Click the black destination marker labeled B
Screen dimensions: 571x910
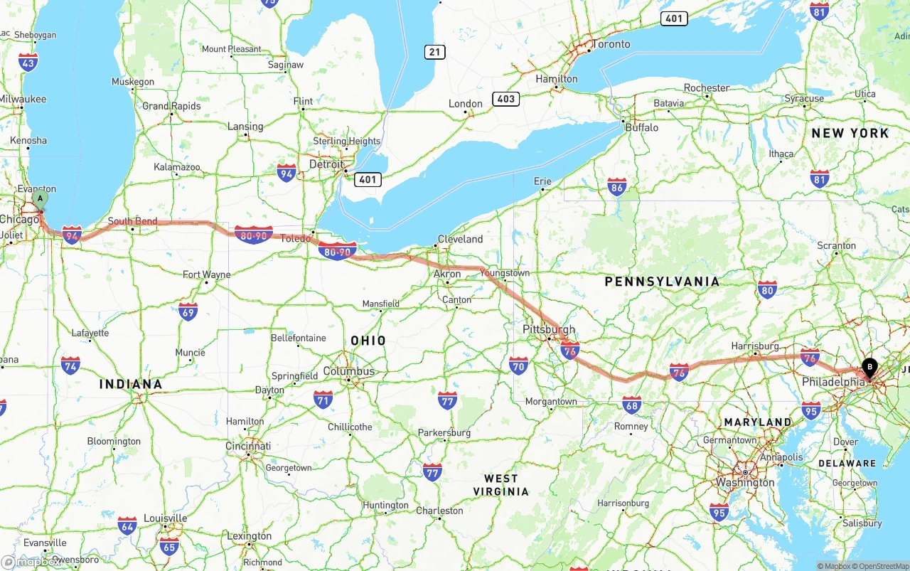pyautogui.click(x=869, y=368)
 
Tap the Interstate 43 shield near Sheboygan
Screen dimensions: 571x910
pyautogui.click(x=28, y=63)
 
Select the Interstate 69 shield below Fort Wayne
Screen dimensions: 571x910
pyautogui.click(x=188, y=311)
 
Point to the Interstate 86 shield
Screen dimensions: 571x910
pyautogui.click(x=617, y=187)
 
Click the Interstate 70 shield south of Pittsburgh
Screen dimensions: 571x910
pyautogui.click(x=518, y=367)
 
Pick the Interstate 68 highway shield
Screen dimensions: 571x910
pyautogui.click(x=631, y=405)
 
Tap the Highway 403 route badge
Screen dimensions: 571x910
pyautogui.click(x=505, y=99)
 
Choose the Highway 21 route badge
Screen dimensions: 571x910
pyautogui.click(x=435, y=52)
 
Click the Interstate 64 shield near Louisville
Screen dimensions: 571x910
pyautogui.click(x=127, y=526)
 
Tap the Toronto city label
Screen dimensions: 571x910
pyautogui.click(x=611, y=44)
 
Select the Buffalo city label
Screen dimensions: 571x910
pyautogui.click(x=641, y=128)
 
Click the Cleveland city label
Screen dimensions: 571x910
pyautogui.click(x=460, y=239)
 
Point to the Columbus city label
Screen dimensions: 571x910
pyautogui.click(x=348, y=371)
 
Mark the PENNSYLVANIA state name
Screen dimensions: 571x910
pyautogui.click(x=662, y=282)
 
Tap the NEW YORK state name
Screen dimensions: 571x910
pyautogui.click(x=850, y=133)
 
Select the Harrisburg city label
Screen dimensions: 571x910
pyautogui.click(x=755, y=346)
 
